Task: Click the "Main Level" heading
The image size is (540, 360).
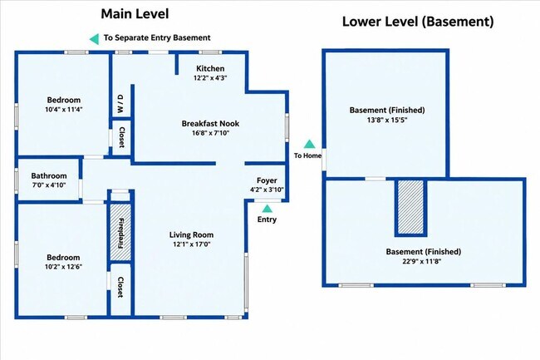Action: tap(135, 14)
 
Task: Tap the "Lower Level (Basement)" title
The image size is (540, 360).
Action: tap(418, 22)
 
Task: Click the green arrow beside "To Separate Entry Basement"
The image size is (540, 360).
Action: tap(94, 39)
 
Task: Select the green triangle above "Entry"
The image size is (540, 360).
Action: tap(268, 209)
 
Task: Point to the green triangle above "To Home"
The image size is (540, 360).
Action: tap(309, 144)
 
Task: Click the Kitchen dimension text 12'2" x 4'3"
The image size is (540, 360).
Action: tap(210, 78)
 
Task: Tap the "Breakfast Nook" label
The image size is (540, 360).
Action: tap(210, 123)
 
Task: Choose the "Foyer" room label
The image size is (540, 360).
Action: tap(267, 180)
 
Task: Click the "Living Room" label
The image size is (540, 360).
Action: tap(191, 235)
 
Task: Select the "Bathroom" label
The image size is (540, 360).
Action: tap(49, 175)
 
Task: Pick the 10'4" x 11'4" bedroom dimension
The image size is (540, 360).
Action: tap(64, 110)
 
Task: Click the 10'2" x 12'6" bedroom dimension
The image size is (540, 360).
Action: tap(63, 267)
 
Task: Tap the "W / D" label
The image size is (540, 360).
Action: tap(120, 104)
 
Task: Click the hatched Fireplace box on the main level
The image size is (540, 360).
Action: tap(120, 233)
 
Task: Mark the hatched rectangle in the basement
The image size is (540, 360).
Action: tap(410, 207)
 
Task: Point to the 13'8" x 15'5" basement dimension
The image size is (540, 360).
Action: tap(387, 121)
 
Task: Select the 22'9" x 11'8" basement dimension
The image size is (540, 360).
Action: tap(422, 261)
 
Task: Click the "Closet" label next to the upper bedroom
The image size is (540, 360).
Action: tap(121, 137)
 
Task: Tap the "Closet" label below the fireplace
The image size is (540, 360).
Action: tap(120, 287)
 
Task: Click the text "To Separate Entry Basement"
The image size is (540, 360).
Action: tap(157, 38)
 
